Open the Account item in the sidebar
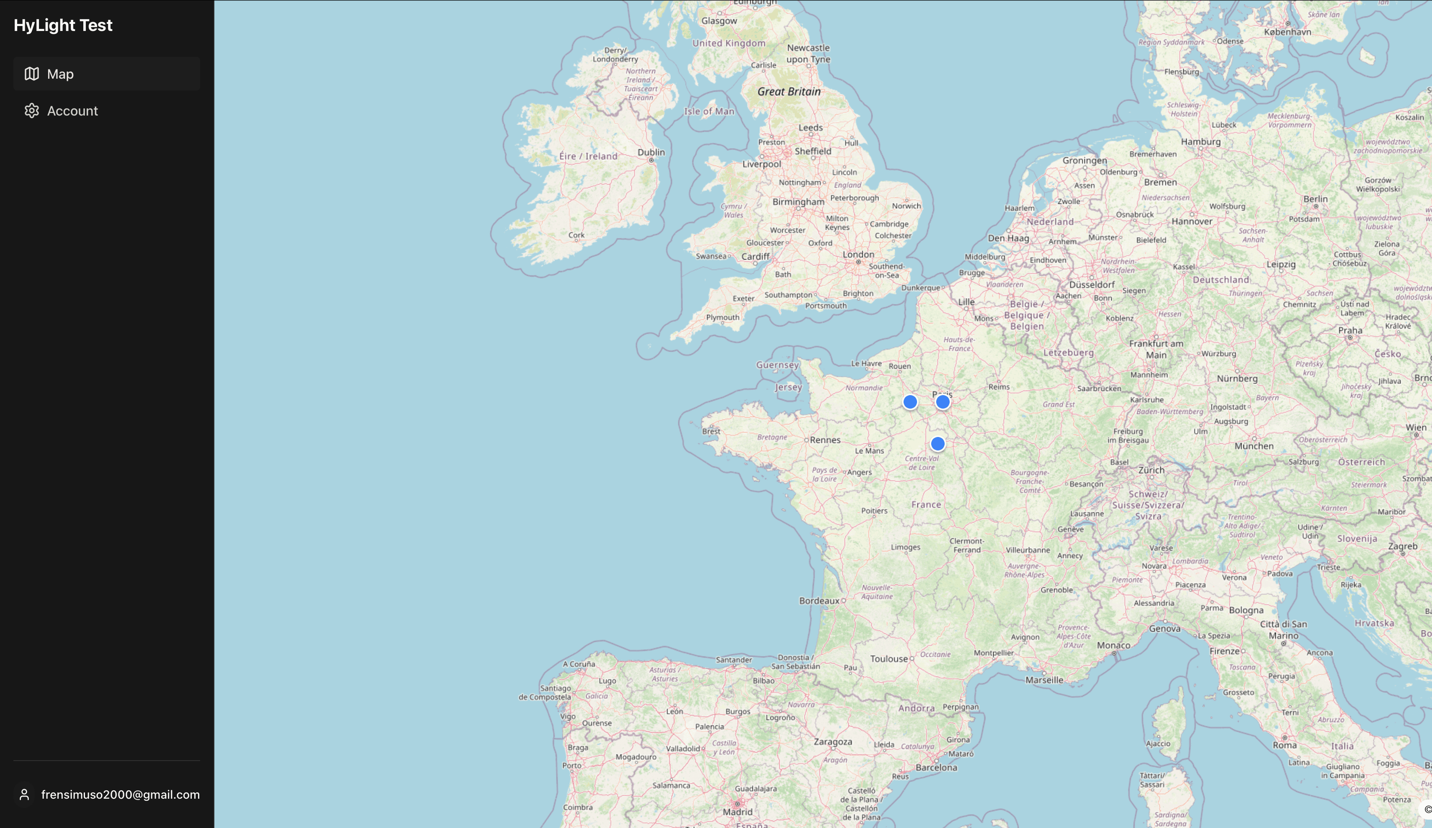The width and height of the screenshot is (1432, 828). click(72, 111)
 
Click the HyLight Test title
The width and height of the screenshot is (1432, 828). click(63, 25)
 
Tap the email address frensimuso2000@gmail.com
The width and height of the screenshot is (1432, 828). click(121, 795)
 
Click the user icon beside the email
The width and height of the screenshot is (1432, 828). click(24, 795)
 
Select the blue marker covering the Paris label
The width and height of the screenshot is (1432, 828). click(943, 402)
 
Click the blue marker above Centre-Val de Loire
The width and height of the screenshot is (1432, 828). click(937, 444)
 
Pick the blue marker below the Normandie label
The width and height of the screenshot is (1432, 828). click(910, 402)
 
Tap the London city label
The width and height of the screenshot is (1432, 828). click(858, 255)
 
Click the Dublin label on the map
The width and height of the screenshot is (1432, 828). click(651, 152)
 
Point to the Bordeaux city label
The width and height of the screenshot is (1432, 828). click(819, 601)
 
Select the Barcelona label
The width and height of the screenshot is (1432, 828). click(936, 767)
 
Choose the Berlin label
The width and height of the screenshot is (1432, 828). click(1316, 199)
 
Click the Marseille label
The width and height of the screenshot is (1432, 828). click(1044, 680)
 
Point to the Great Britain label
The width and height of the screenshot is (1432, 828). click(789, 92)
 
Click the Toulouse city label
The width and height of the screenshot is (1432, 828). click(889, 658)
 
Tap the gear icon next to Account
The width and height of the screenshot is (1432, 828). click(32, 111)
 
